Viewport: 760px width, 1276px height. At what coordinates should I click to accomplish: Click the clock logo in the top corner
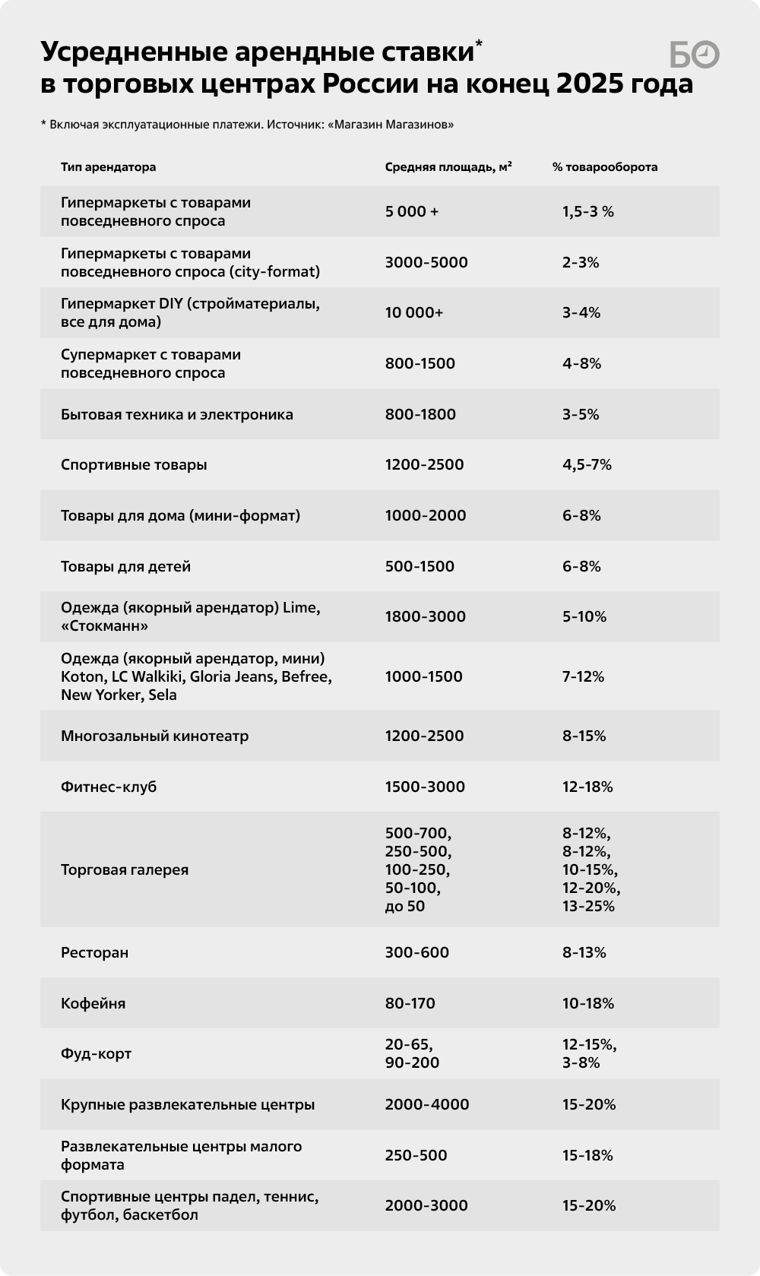point(695,55)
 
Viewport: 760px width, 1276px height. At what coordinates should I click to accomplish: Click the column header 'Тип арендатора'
point(108,167)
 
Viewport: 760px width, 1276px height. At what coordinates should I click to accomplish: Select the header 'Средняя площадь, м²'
point(448,167)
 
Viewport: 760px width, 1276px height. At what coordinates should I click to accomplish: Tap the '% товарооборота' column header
point(605,167)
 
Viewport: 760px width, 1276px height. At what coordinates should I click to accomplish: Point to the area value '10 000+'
point(414,312)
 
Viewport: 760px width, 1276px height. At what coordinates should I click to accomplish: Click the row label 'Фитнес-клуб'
point(109,787)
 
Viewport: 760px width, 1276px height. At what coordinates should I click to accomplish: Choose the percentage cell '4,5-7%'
point(587,464)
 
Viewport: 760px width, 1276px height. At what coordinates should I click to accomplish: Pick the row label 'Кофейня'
point(93,1003)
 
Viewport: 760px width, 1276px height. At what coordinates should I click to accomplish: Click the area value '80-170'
point(410,1003)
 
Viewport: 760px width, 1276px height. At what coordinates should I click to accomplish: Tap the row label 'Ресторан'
point(94,952)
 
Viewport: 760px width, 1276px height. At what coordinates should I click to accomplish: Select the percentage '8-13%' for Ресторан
point(584,952)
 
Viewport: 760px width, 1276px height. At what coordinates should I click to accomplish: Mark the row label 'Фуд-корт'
point(96,1054)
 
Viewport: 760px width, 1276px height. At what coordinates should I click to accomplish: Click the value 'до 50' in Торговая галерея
point(405,906)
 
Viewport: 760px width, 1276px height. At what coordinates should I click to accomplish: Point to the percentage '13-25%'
point(588,906)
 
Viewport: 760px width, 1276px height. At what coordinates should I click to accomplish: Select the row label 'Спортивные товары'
point(134,464)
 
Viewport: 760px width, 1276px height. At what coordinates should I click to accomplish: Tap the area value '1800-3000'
point(426,616)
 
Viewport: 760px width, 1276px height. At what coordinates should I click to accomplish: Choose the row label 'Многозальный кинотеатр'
point(154,736)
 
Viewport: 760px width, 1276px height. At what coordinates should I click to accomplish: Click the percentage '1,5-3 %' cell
point(588,211)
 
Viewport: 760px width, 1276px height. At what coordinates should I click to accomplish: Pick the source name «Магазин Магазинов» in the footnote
point(391,125)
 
